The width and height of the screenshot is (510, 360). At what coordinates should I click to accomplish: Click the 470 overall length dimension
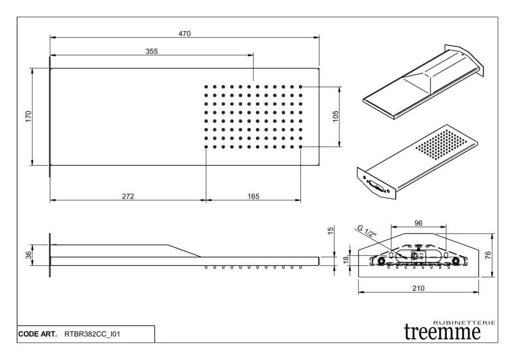tap(184, 33)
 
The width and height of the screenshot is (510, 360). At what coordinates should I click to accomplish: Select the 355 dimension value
tap(151, 51)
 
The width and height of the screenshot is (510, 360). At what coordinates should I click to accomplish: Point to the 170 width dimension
tap(28, 117)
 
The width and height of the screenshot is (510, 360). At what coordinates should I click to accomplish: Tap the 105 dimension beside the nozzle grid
tap(336, 117)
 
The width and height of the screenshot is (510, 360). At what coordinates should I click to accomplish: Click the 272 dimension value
tap(128, 196)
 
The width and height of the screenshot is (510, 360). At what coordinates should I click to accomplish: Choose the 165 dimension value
tap(254, 196)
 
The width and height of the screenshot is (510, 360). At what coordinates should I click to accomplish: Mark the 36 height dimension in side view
tap(28, 255)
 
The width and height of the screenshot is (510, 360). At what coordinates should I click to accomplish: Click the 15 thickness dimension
tap(331, 231)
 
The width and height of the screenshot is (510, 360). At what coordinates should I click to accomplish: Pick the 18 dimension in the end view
tap(346, 259)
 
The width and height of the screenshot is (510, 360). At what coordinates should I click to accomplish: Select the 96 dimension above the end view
tap(418, 223)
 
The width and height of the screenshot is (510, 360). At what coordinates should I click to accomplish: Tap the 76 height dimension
tap(488, 255)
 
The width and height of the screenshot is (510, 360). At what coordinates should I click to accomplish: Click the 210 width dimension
tap(418, 288)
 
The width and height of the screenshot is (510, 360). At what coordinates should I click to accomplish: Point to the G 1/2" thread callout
tap(367, 231)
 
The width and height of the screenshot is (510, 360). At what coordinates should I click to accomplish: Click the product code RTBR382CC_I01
tap(92, 334)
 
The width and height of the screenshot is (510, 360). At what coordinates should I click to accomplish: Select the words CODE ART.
tap(37, 334)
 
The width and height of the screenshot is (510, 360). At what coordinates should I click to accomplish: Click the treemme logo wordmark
tap(442, 332)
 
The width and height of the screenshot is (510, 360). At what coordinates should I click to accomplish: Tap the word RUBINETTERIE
tap(465, 323)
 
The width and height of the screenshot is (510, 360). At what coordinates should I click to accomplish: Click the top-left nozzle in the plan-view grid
tap(206, 87)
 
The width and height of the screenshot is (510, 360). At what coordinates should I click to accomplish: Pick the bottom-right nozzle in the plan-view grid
tap(300, 147)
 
